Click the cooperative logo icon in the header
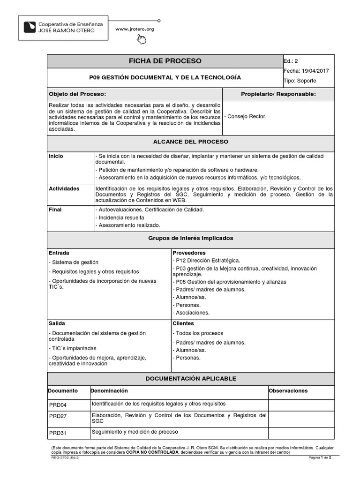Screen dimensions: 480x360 [29, 27]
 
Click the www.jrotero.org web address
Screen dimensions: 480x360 [135, 29]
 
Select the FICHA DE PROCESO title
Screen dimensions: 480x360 [165, 61]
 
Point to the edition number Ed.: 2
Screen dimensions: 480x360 [291, 61]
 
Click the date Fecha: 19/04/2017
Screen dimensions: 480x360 [307, 71]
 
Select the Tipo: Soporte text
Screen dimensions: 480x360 [300, 81]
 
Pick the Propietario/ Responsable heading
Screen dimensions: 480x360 [278, 94]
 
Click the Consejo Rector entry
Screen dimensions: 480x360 [246, 116]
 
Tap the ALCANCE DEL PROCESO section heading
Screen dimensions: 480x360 [191, 141]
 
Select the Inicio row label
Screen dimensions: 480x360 [56, 156]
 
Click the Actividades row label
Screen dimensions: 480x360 [64, 188]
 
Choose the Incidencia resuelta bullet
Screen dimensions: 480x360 [120, 217]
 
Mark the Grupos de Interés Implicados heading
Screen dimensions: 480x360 [191, 238]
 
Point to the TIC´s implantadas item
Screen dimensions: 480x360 [73, 348]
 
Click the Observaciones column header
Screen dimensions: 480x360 [288, 390]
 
